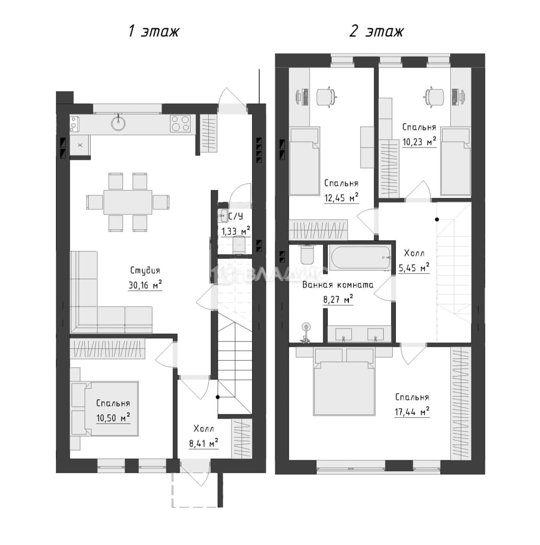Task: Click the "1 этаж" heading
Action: pyautogui.click(x=153, y=31)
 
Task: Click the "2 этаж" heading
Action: pyautogui.click(x=377, y=31)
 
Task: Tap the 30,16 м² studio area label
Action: pyautogui.click(x=145, y=285)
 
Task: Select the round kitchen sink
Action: pyautogui.click(x=118, y=123)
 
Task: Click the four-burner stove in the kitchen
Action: pyautogui.click(x=180, y=124)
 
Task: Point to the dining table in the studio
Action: pyautogui.click(x=128, y=202)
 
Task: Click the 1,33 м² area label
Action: pyautogui.click(x=236, y=231)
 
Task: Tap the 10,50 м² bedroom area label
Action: pyautogui.click(x=113, y=417)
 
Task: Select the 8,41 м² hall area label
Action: pyautogui.click(x=204, y=443)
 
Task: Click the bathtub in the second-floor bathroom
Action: pyautogui.click(x=361, y=258)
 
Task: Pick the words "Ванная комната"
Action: pyautogui.click(x=338, y=285)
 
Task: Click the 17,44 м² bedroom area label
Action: pyautogui.click(x=412, y=412)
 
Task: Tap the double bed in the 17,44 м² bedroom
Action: pyautogui.click(x=344, y=382)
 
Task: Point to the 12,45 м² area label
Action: pyautogui.click(x=341, y=198)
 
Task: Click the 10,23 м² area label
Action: pyautogui.click(x=419, y=142)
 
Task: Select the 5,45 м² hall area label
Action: pyautogui.click(x=414, y=268)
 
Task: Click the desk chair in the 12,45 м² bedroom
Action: pyautogui.click(x=326, y=96)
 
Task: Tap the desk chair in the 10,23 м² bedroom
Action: pyautogui.click(x=434, y=96)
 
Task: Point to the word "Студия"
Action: pyautogui.click(x=145, y=270)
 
